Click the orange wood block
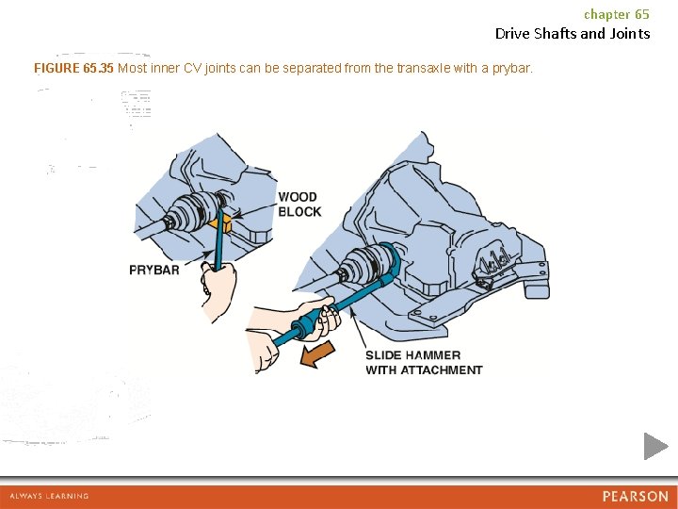click(x=221, y=225)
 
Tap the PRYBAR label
click(x=154, y=271)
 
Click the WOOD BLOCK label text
click(x=299, y=205)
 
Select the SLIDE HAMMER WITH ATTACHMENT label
click(x=424, y=363)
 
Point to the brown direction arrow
click(x=318, y=353)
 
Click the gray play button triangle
click(x=655, y=446)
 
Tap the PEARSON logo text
click(x=636, y=496)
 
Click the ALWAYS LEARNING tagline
click(x=49, y=496)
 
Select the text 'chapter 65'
click(x=617, y=14)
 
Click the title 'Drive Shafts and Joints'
click(x=573, y=34)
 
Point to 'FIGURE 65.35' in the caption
click(x=73, y=68)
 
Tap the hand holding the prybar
click(x=218, y=287)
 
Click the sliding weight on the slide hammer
click(x=307, y=324)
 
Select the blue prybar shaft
click(x=218, y=240)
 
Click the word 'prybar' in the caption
click(x=511, y=69)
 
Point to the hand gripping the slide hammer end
click(x=263, y=352)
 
